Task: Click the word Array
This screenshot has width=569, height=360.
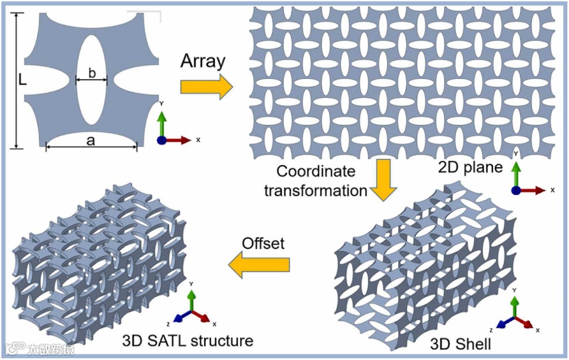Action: coord(202,61)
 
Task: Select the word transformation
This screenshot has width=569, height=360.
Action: coord(316,190)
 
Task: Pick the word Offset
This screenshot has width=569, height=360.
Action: coord(263,243)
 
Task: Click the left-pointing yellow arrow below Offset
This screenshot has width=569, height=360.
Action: coord(259,265)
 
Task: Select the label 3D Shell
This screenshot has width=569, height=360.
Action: coord(461,345)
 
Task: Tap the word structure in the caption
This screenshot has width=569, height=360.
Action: coord(221,340)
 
